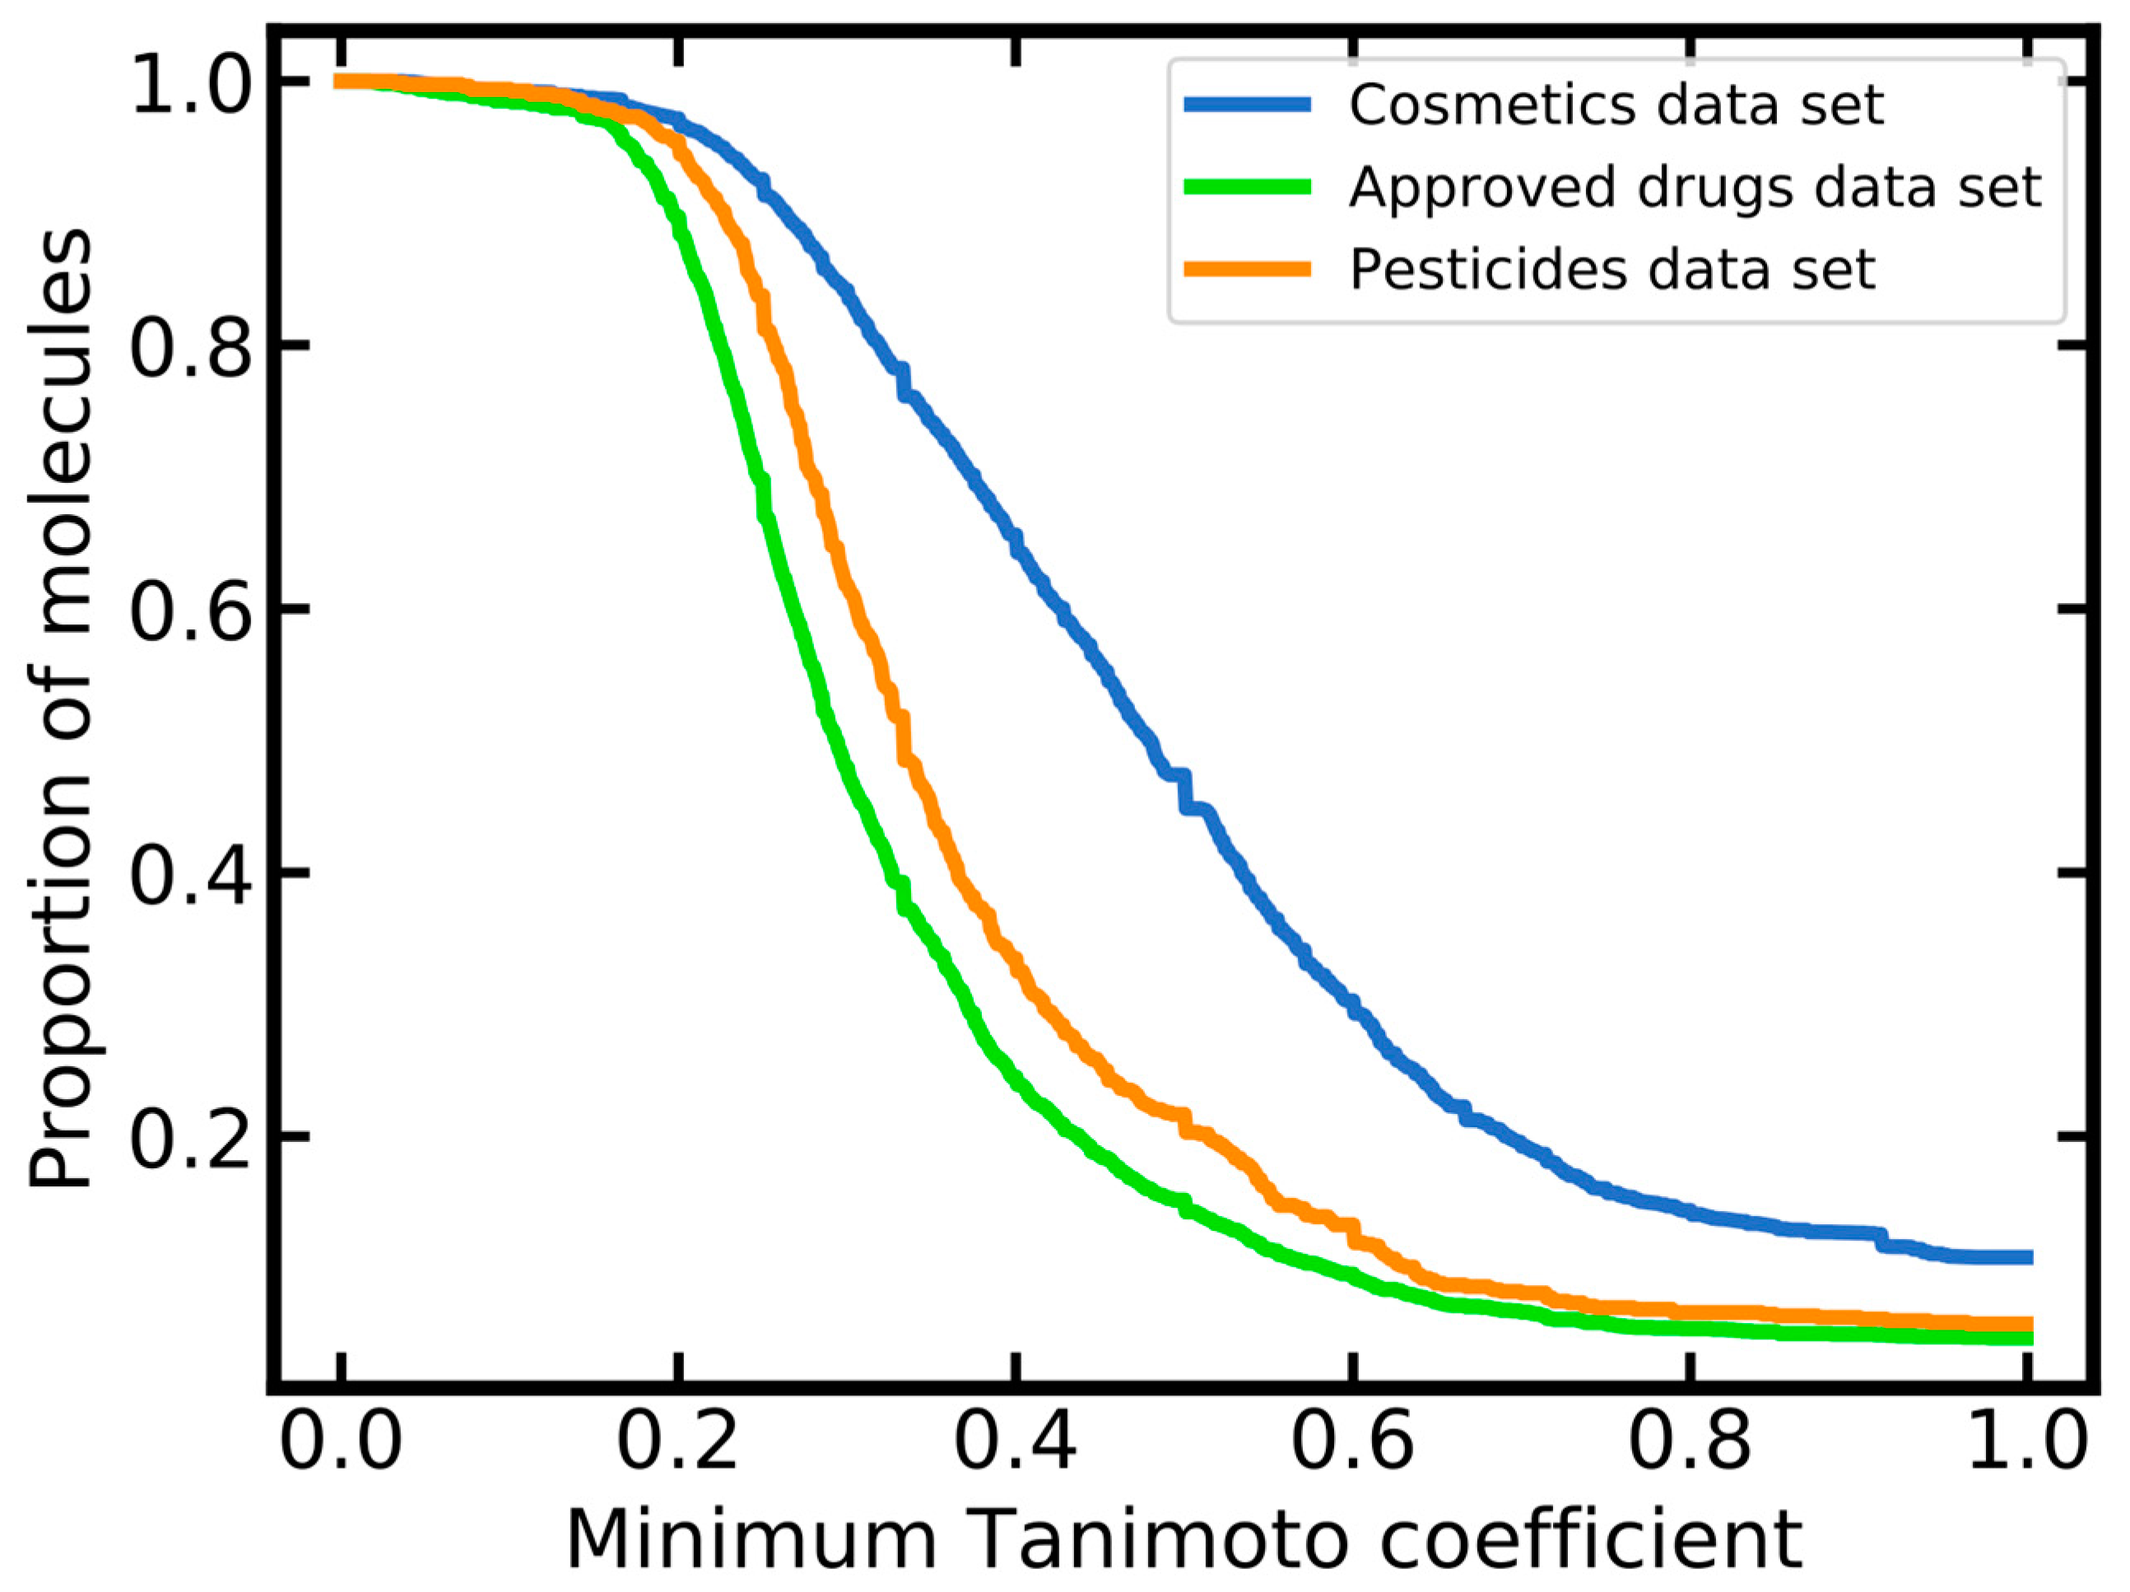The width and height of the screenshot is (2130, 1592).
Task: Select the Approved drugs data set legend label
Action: [1695, 187]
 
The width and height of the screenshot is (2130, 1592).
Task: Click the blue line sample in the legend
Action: [1248, 105]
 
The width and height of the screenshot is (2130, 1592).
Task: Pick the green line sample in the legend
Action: [1248, 187]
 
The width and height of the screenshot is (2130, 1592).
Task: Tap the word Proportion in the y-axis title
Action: [60, 972]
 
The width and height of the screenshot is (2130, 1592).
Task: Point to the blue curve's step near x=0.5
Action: [1184, 791]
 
